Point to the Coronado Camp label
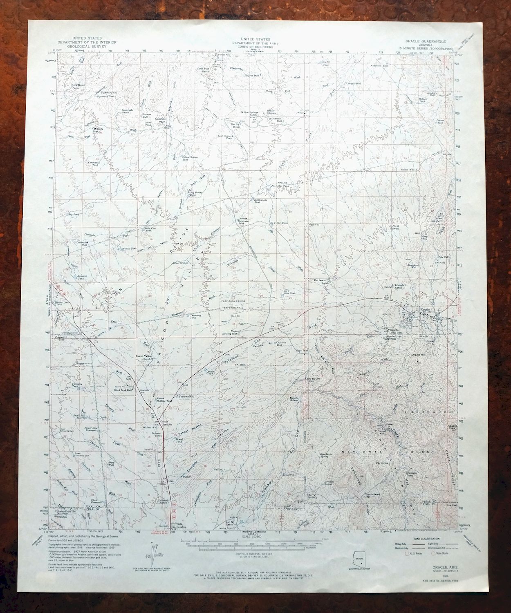click(411, 475)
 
